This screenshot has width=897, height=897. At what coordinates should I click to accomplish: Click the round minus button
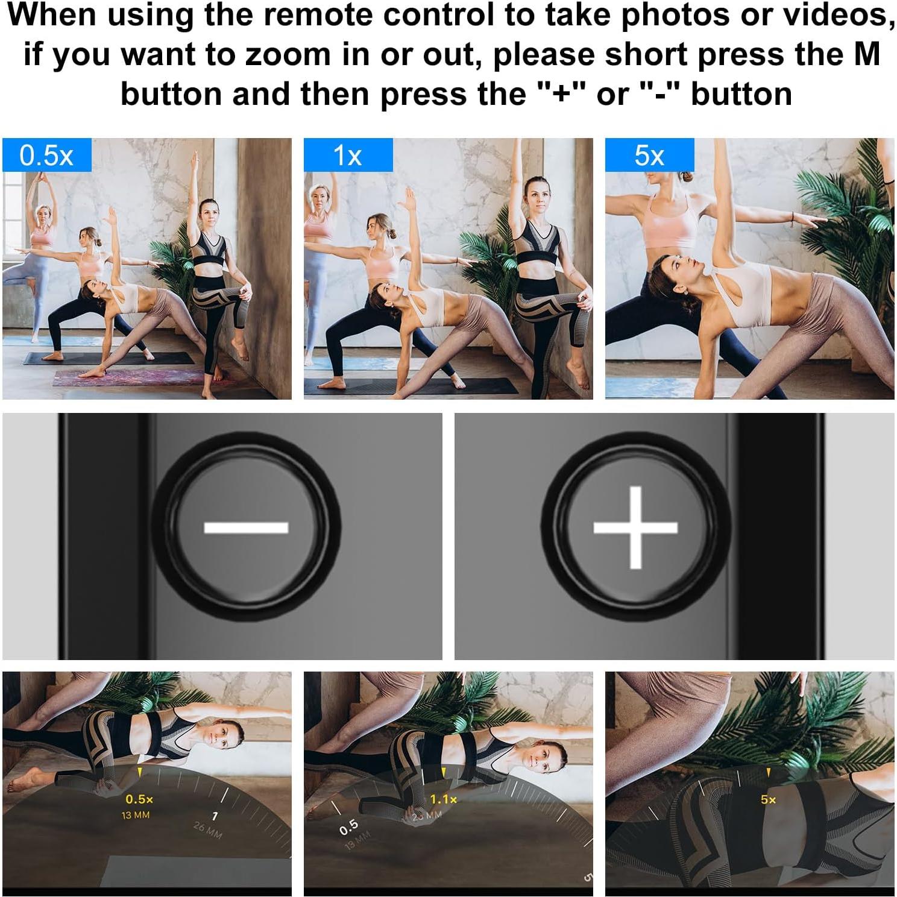point(246,528)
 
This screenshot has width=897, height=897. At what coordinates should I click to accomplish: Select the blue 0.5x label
point(46,156)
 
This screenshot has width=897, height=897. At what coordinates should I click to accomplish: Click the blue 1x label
point(348,156)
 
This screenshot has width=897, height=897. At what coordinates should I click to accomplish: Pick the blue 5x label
point(649,156)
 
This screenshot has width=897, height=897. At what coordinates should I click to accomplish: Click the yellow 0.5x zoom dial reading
point(139,799)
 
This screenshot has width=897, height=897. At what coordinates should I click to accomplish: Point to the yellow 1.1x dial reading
point(443,799)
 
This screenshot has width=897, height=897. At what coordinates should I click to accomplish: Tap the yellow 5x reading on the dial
point(768,799)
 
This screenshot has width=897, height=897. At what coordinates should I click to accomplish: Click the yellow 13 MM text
point(136,815)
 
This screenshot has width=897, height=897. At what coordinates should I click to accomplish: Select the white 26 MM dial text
point(207,831)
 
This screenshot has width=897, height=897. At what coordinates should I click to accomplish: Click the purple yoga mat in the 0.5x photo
point(121,378)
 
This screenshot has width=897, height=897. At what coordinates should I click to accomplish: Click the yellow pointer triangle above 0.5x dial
point(140,772)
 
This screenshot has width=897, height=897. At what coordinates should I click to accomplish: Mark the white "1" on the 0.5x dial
point(215,816)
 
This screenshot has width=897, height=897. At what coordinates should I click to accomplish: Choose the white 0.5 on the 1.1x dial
point(349,827)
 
